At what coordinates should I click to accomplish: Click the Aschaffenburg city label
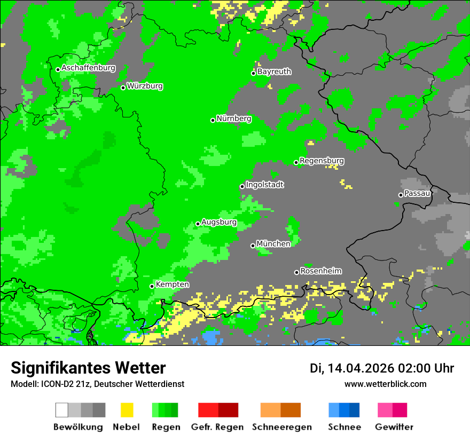[88, 68]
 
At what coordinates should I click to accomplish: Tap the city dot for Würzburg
[123, 88]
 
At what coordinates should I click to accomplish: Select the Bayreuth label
[274, 72]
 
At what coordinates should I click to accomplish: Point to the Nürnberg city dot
[213, 120]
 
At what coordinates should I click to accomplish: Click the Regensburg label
[322, 161]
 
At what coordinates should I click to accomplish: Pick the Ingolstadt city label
[265, 185]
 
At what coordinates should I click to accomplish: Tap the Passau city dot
[401, 195]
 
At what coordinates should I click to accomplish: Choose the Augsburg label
[219, 222]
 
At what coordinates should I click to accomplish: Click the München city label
[273, 244]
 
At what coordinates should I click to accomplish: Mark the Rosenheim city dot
[296, 272]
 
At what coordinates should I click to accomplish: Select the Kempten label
[172, 284]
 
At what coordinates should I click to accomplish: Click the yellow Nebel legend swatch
[127, 410]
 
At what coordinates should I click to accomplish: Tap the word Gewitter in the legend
[394, 427]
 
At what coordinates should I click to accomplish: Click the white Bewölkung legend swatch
[61, 410]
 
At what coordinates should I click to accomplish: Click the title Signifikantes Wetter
[88, 368]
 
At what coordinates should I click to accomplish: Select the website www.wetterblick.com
[385, 384]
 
